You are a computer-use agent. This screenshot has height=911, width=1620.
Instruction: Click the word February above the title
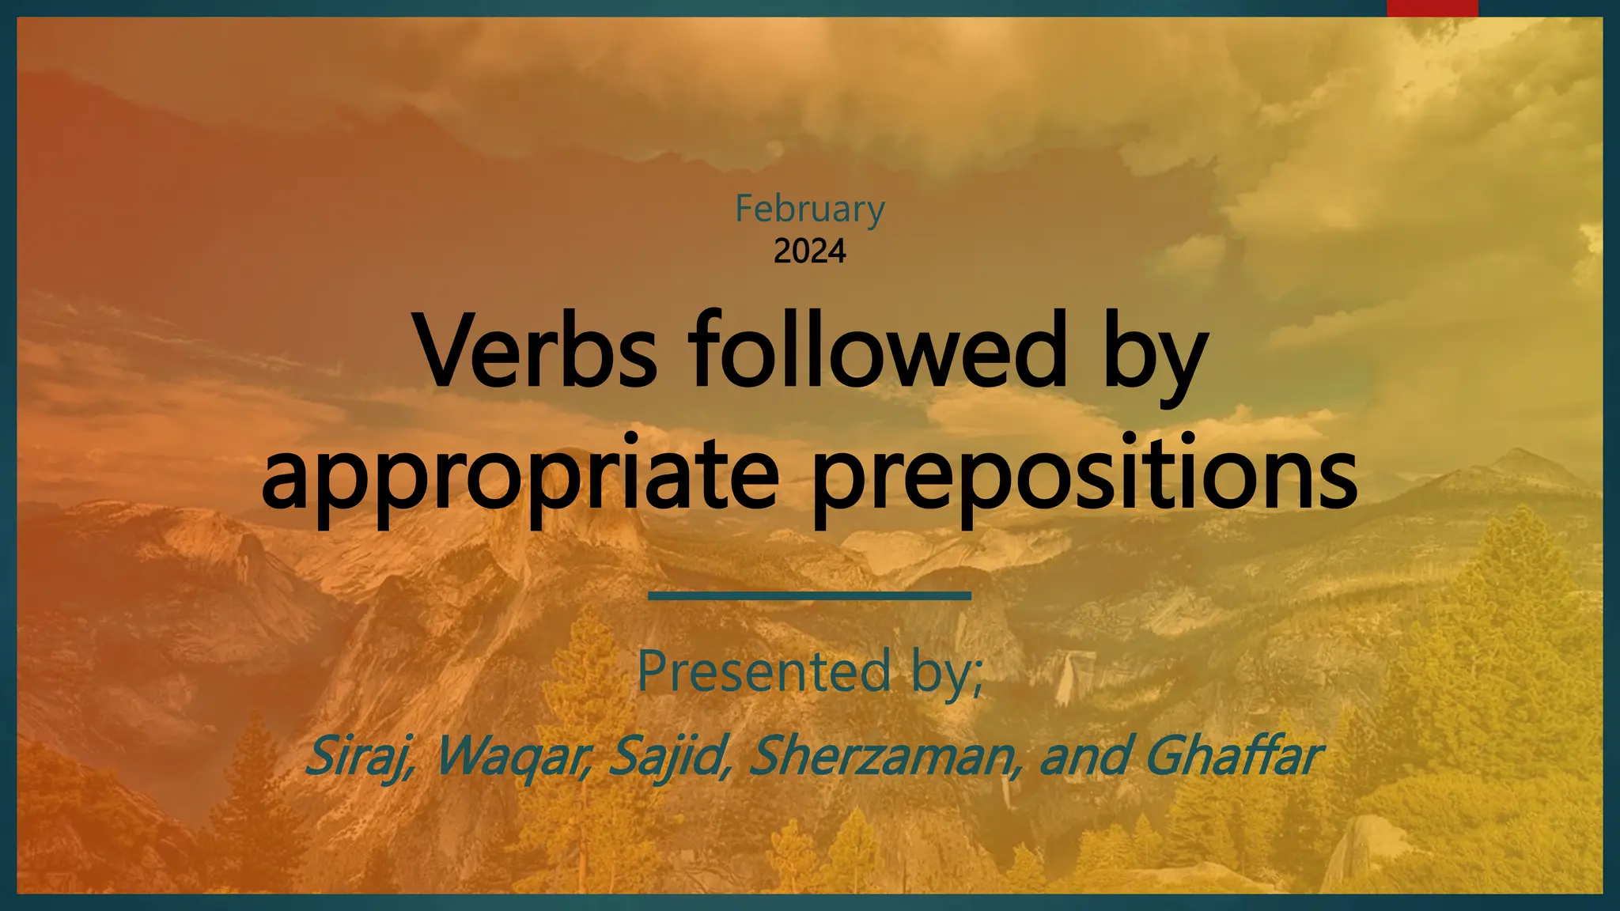[810, 210]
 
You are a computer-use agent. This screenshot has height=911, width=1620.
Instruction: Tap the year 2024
[810, 251]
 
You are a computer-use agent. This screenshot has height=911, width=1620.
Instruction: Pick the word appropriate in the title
[520, 474]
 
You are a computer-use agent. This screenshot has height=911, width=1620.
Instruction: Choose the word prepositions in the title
[1084, 474]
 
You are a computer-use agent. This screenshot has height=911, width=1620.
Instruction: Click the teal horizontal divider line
[809, 595]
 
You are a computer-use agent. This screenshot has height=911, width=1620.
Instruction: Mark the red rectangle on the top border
[1433, 8]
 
